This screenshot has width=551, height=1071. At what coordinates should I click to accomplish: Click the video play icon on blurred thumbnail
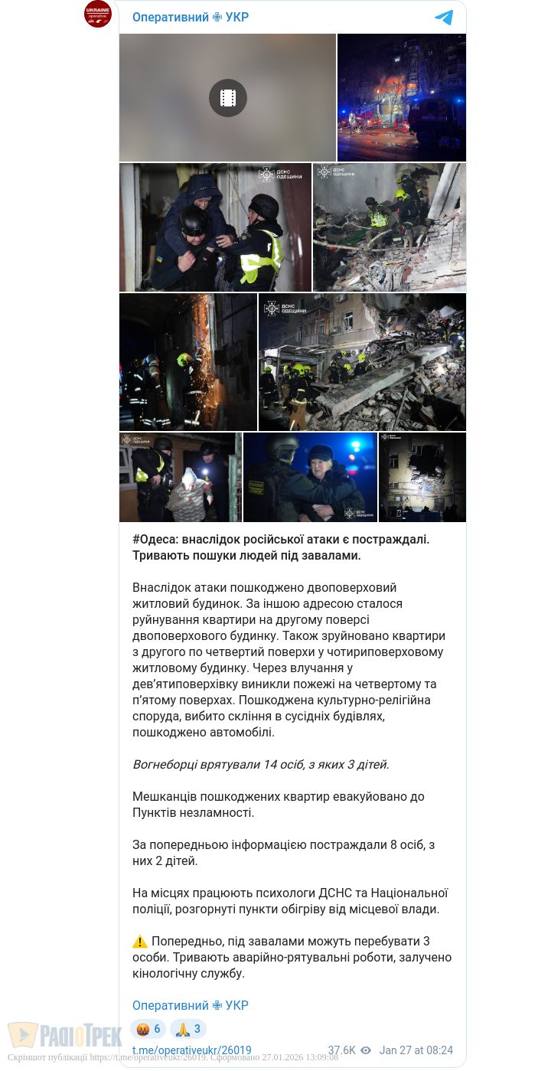coord(228,98)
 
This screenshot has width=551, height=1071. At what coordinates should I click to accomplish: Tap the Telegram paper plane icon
coord(444,18)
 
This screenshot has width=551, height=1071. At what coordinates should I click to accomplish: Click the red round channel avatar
coord(98,15)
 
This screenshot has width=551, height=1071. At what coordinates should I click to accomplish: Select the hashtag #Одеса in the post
coord(155,539)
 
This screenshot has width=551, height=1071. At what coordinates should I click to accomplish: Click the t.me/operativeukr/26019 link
coord(191,1050)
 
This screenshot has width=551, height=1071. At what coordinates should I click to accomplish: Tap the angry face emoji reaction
coord(148,1029)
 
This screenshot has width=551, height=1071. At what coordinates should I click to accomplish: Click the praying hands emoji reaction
coord(188,1029)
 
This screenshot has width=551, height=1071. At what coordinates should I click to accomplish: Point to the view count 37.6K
coord(341,1050)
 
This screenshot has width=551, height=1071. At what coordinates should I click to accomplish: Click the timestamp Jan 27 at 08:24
coord(416,1050)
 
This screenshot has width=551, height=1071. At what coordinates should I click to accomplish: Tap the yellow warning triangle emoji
coord(140,942)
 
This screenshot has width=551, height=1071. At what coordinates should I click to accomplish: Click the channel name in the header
coord(191,18)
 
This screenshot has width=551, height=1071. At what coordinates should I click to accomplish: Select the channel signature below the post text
coord(191,1005)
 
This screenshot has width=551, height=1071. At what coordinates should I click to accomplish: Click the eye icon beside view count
coord(366,1050)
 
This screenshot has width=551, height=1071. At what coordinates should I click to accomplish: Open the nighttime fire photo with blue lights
coord(402,98)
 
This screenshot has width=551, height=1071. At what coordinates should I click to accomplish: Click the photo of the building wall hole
coord(422,477)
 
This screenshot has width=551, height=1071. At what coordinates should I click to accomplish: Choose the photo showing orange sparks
coord(188,361)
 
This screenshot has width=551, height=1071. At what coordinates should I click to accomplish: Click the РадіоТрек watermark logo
coord(65,1035)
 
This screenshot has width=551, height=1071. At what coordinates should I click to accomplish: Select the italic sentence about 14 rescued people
coord(261,764)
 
